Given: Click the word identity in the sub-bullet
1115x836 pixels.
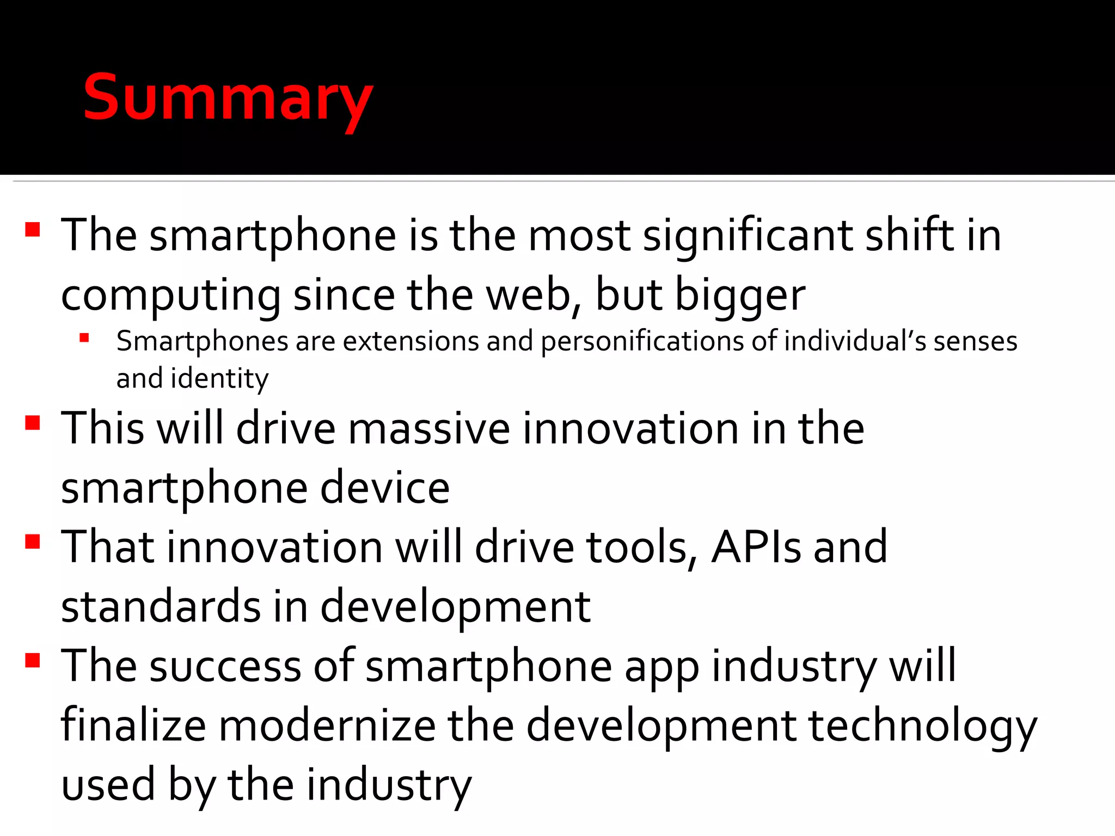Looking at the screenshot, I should tap(219, 378).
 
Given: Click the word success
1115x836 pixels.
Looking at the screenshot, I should tap(225, 666).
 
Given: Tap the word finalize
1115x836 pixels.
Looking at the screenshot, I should tap(133, 726).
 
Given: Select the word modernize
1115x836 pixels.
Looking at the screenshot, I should tap(327, 726).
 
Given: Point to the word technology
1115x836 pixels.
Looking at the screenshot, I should tap(922, 726).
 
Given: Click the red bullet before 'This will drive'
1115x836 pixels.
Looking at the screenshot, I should tap(33, 423).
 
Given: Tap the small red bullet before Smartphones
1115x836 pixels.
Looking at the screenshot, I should tap(84, 338).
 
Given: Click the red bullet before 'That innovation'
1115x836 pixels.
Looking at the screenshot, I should tap(33, 542).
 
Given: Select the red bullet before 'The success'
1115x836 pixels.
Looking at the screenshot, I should tap(33, 660).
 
